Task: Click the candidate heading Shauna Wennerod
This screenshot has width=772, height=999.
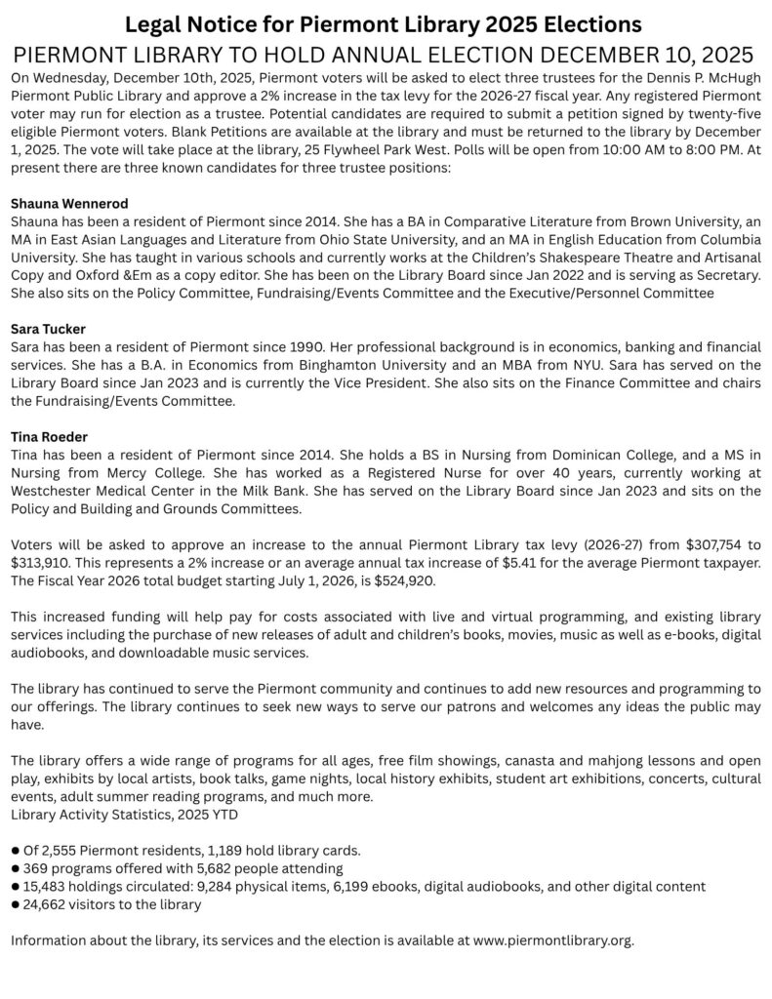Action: tap(68, 204)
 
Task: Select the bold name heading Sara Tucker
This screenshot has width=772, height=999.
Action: tap(48, 329)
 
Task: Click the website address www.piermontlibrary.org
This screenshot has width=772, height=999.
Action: tap(552, 940)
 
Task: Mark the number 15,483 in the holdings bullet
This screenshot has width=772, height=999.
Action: tap(46, 886)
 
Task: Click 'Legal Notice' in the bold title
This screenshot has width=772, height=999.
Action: tap(177, 23)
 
